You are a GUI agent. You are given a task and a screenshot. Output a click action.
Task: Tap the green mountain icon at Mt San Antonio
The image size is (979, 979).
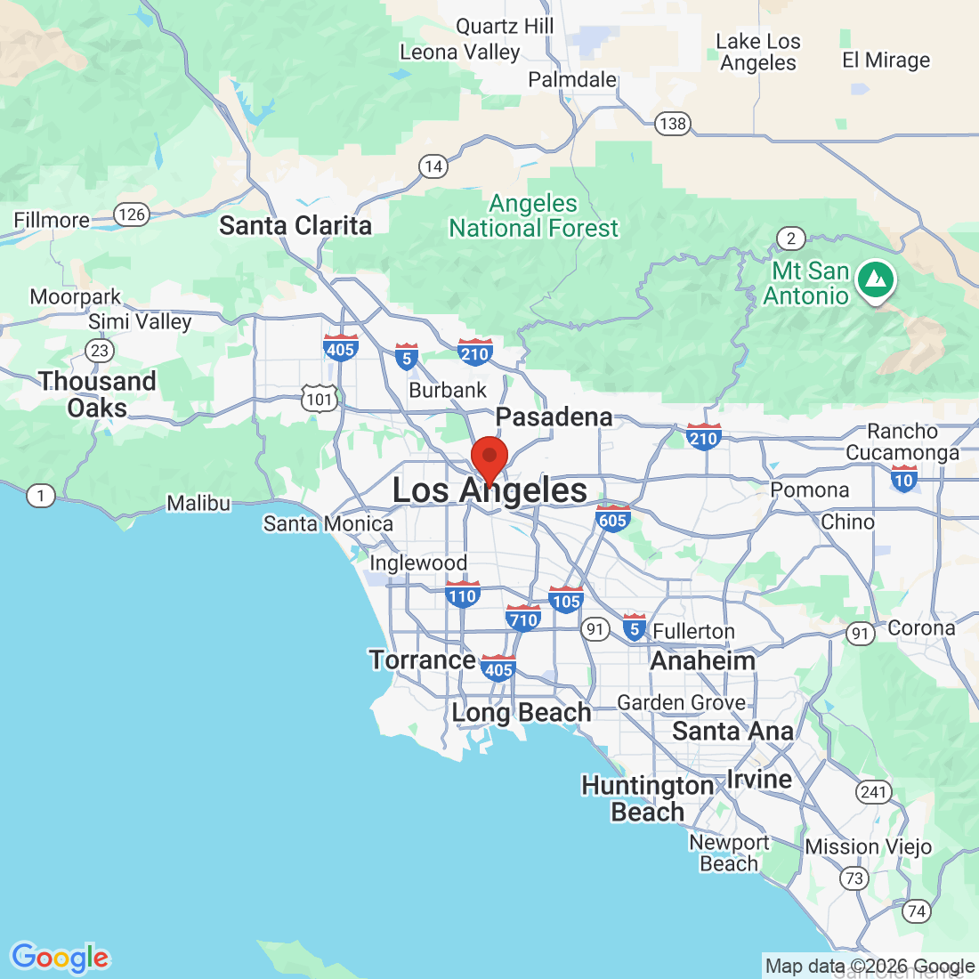876,280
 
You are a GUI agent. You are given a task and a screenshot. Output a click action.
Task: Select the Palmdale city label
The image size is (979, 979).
572,80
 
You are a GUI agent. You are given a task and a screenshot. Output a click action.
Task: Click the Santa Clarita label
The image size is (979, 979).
295,226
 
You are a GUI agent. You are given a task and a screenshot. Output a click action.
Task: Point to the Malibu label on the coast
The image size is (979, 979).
198,504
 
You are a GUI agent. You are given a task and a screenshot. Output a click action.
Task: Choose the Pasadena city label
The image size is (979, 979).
554,417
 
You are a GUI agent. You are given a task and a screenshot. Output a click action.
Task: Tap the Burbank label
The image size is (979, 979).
448,391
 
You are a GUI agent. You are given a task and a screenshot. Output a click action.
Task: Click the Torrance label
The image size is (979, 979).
423,660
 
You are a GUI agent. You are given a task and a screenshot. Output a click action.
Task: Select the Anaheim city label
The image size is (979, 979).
703,661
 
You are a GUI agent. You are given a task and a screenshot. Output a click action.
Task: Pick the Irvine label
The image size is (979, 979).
759,780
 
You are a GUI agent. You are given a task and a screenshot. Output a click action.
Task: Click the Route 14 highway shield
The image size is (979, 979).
433,166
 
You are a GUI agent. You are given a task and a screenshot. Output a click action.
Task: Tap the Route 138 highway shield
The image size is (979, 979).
673,124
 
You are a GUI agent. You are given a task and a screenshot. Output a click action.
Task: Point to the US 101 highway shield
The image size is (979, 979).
320,399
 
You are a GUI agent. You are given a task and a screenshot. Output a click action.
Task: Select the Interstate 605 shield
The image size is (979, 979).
612,519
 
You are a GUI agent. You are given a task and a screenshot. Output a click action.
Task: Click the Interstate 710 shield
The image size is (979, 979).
523,619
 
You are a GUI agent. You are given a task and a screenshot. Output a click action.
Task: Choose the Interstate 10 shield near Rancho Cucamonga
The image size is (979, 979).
903,479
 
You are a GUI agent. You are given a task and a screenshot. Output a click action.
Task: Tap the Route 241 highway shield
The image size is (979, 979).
873,792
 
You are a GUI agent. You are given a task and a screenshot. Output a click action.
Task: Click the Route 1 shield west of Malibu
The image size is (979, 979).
40,496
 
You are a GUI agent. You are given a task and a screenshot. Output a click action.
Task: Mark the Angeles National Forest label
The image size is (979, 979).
533,216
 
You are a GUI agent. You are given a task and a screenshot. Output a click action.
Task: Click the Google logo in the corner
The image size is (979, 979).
60,958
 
